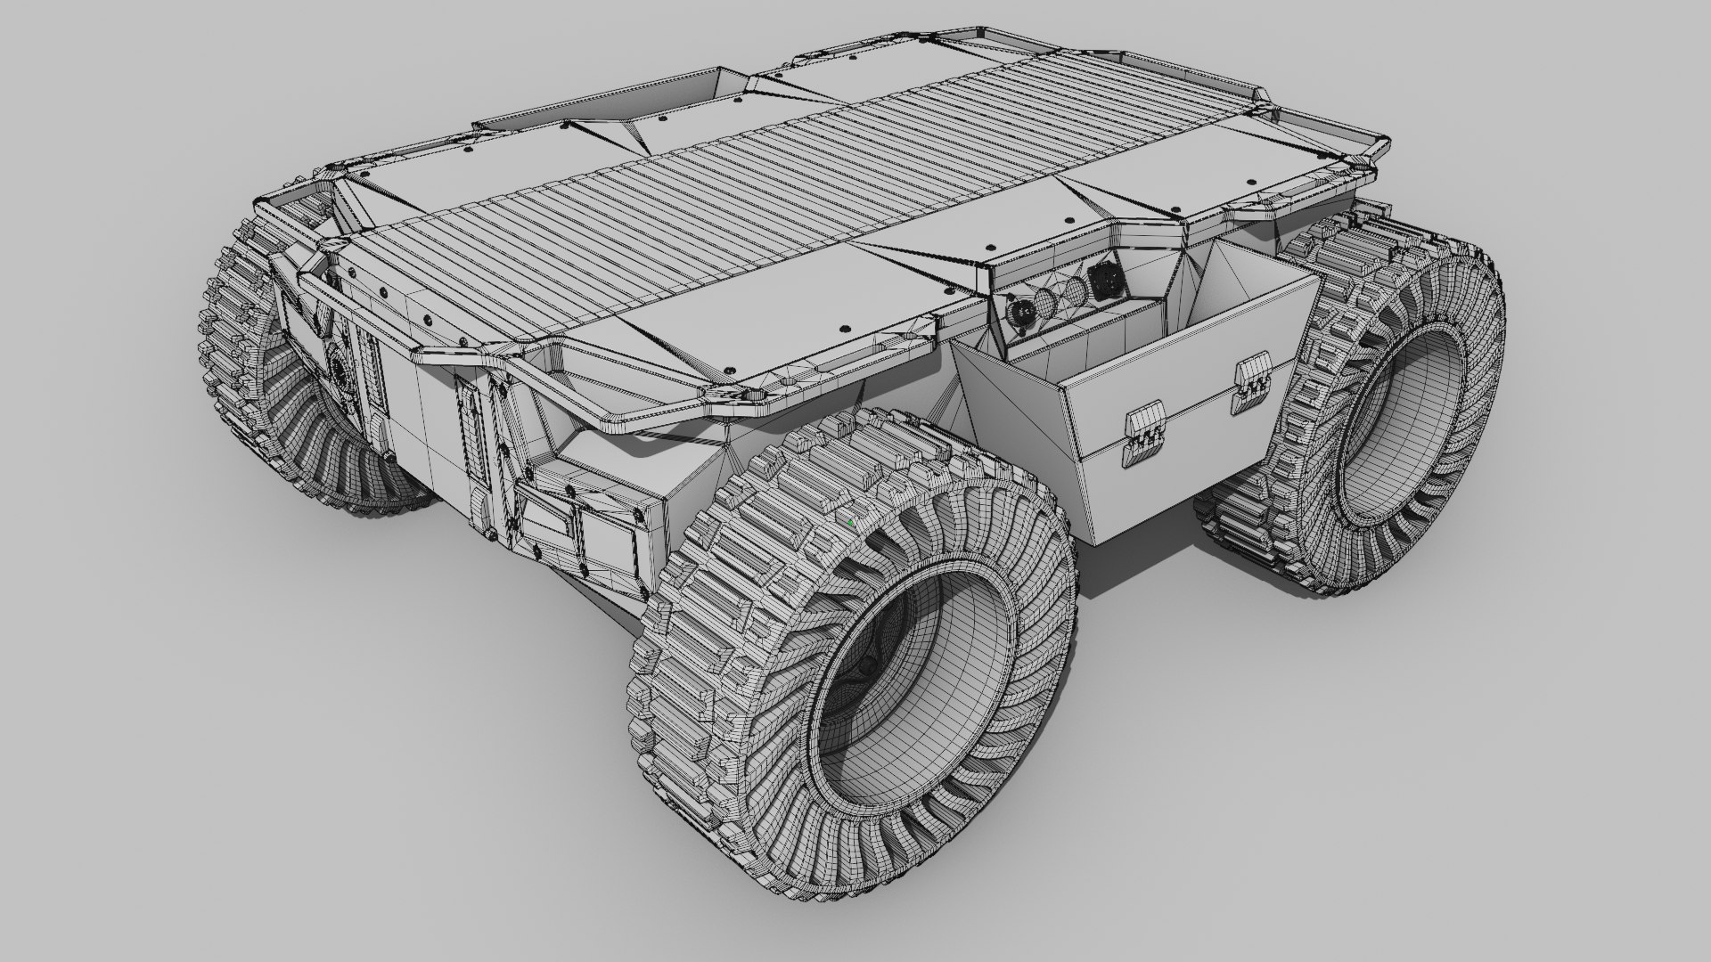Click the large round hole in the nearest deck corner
[x=754, y=393]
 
